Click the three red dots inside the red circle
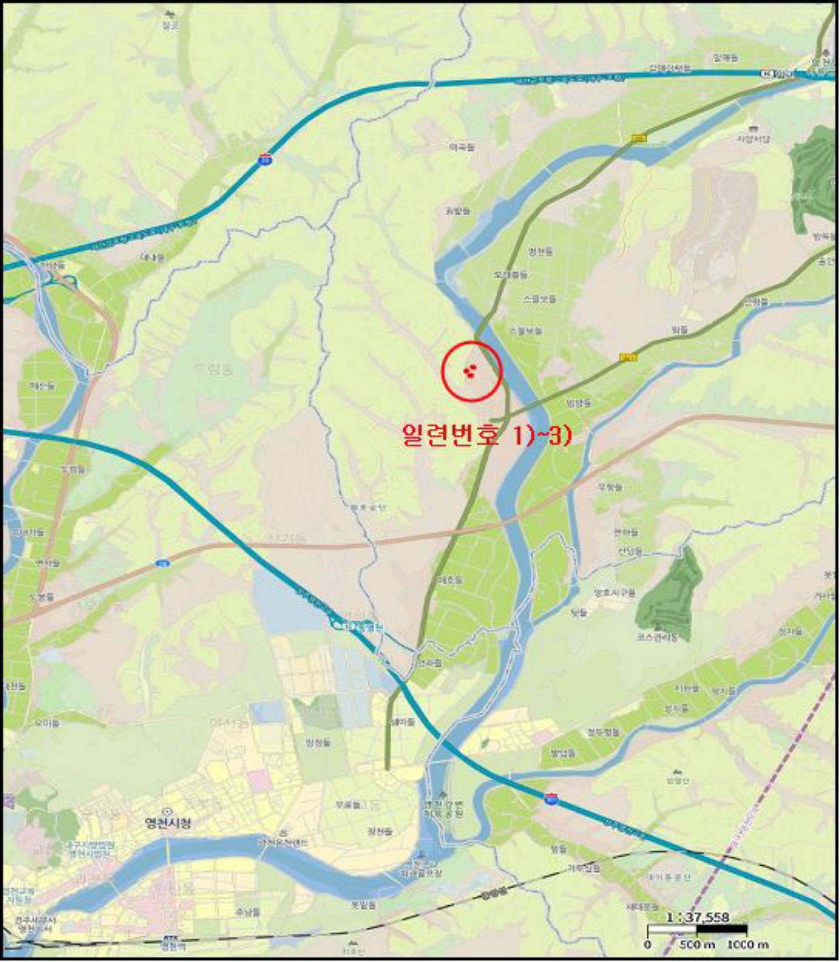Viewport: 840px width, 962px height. [x=469, y=372]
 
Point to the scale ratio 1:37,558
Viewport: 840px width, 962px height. [x=697, y=917]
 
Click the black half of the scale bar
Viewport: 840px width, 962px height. [x=722, y=929]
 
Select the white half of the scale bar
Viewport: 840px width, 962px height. [x=672, y=929]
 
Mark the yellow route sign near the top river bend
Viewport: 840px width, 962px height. [x=639, y=138]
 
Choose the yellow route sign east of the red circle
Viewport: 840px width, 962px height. [x=629, y=357]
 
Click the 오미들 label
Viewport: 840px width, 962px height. [x=47, y=723]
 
